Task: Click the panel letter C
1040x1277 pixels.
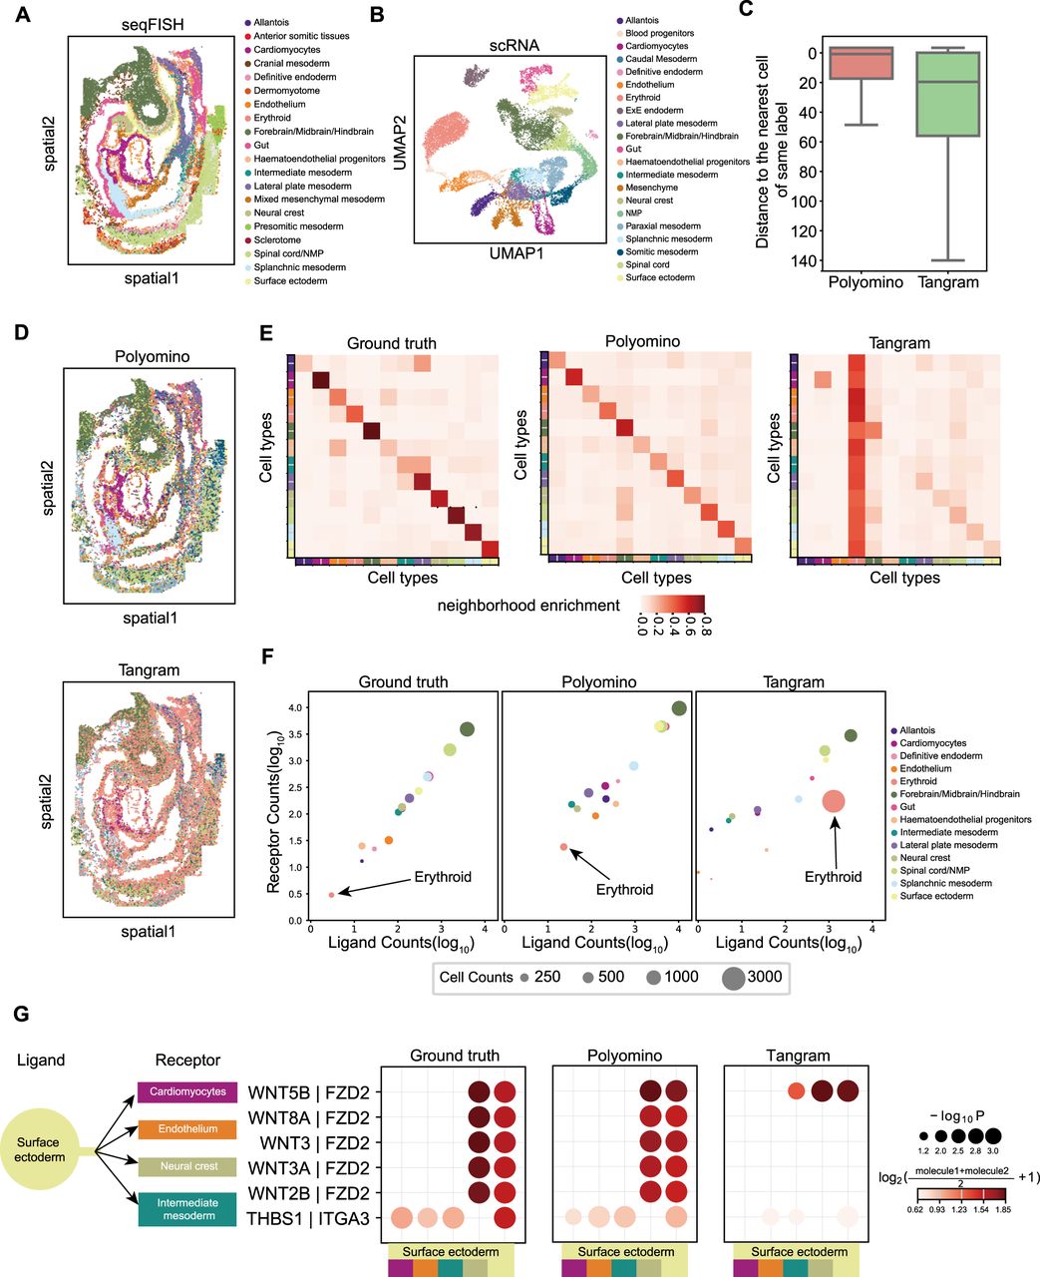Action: click(746, 10)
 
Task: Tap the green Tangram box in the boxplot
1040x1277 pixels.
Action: click(947, 94)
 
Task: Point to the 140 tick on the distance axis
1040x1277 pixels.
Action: click(805, 260)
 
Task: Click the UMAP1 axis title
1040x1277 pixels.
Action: click(516, 253)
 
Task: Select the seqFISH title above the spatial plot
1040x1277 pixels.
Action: click(153, 25)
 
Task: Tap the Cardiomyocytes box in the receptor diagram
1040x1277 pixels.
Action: click(187, 1091)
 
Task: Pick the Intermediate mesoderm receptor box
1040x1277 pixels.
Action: click(187, 1208)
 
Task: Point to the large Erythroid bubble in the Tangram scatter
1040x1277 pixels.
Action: click(834, 801)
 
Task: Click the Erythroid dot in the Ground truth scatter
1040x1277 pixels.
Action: click(331, 895)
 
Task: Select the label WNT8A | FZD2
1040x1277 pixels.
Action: click(308, 1118)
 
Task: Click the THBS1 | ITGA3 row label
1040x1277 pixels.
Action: click(308, 1218)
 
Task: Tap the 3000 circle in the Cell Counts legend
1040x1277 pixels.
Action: click(733, 978)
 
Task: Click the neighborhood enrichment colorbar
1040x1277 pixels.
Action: click(672, 604)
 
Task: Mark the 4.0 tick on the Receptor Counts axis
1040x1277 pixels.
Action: click(295, 708)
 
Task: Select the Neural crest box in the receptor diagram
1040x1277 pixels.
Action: click(187, 1166)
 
